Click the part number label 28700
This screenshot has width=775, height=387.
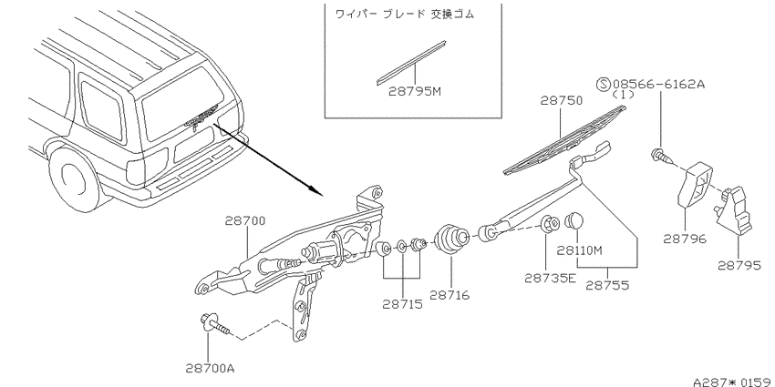[245, 220]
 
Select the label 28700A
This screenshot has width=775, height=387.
[210, 368]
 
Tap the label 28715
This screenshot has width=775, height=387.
[403, 304]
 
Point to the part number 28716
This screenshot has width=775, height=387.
[449, 295]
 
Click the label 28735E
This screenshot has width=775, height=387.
[550, 278]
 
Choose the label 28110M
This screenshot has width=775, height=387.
[580, 250]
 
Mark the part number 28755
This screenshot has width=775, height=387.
[607, 285]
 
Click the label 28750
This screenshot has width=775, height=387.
[561, 100]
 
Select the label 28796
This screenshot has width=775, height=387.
[685, 239]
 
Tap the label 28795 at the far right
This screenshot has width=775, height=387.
[739, 266]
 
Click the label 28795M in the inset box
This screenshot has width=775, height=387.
[414, 91]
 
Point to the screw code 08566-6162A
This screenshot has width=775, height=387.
[658, 84]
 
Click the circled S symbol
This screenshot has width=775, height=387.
[604, 84]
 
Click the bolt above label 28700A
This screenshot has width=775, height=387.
[215, 324]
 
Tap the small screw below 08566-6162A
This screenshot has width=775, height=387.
[661, 157]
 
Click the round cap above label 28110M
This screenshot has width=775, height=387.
[573, 220]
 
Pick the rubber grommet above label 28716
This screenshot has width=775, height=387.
[450, 239]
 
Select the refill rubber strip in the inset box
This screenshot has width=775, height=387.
[410, 63]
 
